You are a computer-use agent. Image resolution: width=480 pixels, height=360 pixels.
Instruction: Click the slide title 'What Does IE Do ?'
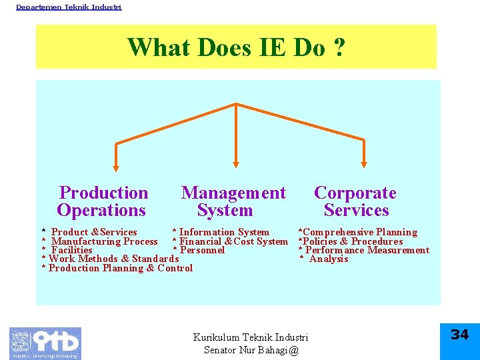pos(236,47)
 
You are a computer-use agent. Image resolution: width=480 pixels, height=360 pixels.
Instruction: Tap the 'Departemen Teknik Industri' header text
pos(69,7)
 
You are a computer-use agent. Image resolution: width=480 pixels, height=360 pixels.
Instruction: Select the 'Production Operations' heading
pos(103,201)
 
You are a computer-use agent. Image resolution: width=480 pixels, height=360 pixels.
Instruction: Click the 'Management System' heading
pos(233,201)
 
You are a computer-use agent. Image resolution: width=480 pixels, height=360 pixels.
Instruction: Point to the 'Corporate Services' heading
pos(355,201)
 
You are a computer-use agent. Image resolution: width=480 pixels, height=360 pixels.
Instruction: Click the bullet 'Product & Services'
pos(94,232)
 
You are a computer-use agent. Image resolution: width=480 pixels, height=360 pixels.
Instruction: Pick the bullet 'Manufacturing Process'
pos(104,241)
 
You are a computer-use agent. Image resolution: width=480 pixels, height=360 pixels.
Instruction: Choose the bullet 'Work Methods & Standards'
pos(114,259)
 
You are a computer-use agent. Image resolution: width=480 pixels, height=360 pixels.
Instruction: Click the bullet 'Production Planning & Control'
pos(121,268)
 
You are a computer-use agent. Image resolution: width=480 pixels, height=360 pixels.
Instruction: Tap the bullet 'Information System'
pos(224,232)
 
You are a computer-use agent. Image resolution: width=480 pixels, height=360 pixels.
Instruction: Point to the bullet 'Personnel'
pos(202,250)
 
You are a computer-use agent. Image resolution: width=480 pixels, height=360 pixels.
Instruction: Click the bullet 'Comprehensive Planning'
pos(359,232)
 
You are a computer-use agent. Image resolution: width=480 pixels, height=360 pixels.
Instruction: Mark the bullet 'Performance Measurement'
pos(367,250)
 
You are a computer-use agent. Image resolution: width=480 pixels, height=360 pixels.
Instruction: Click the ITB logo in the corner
pos(45,343)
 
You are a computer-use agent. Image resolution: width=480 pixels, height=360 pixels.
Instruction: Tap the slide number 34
pos(460,335)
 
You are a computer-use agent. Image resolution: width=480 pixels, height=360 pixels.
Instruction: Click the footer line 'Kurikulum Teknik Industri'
pos(251,338)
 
